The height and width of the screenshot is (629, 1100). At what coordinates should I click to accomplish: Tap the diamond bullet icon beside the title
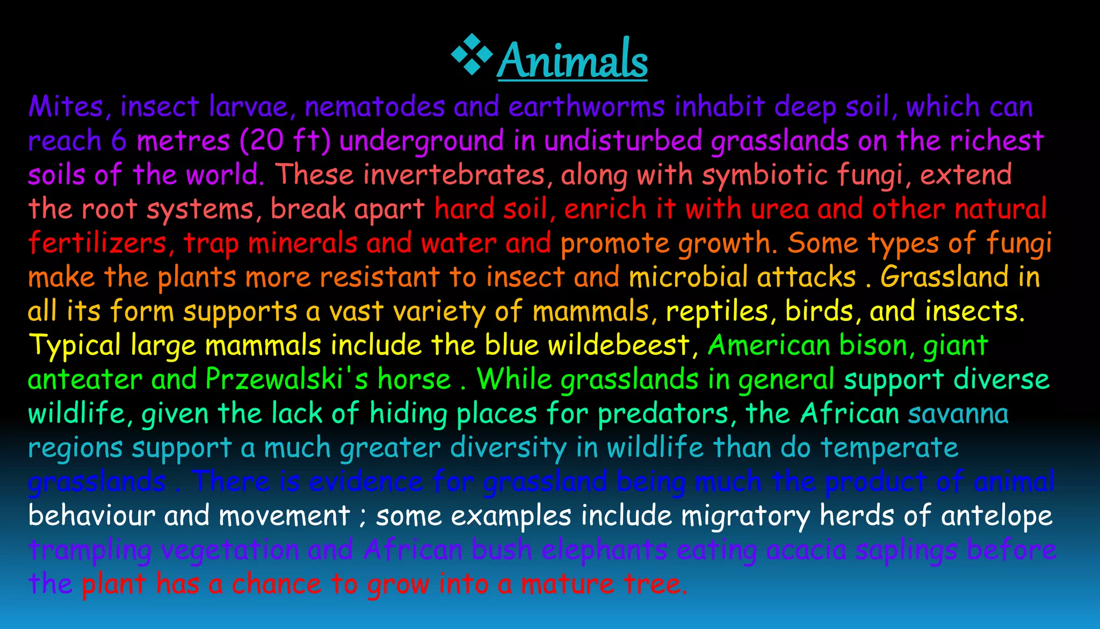[x=472, y=54]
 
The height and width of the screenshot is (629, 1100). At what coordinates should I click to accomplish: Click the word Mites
[x=65, y=106]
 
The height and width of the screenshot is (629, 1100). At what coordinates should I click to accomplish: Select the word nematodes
[x=374, y=106]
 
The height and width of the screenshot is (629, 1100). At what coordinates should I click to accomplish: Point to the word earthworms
[x=587, y=106]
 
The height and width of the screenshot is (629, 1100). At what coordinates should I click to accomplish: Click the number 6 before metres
[x=119, y=141]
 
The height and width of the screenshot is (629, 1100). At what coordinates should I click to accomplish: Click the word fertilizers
[x=97, y=243]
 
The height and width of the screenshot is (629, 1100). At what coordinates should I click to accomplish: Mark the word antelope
[x=996, y=516]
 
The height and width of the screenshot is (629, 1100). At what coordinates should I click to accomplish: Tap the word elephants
[x=604, y=550]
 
